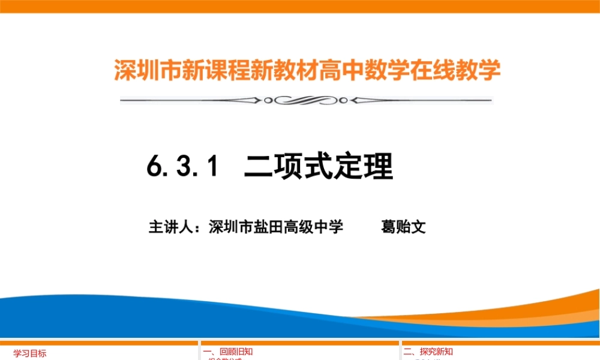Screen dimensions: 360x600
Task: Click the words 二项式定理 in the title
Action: pyautogui.click(x=318, y=166)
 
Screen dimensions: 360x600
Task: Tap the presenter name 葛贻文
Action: pyautogui.click(x=403, y=227)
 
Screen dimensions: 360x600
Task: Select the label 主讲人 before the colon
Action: pyautogui.click(x=171, y=227)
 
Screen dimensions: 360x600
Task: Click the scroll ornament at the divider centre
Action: pyautogui.click(x=306, y=100)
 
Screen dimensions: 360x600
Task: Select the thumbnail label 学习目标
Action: pyautogui.click(x=30, y=353)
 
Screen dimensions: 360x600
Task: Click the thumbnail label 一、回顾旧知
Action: pyautogui.click(x=227, y=352)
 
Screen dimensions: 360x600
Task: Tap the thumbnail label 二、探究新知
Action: pyautogui.click(x=428, y=352)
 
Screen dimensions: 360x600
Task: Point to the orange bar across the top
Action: pyautogui.click(x=300, y=6)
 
